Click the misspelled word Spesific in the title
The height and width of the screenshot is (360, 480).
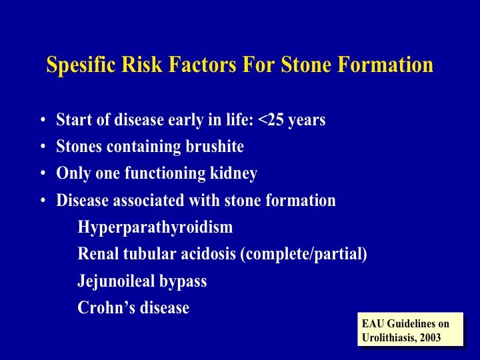(81, 65)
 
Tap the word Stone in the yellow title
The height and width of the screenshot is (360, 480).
(306, 64)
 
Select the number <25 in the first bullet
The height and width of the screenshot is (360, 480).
(271, 119)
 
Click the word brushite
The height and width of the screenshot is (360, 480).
(215, 146)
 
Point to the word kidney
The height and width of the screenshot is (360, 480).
(233, 173)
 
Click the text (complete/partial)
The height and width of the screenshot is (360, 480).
(304, 255)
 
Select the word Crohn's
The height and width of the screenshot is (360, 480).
(106, 307)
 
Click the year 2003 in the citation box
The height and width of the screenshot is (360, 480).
(430, 337)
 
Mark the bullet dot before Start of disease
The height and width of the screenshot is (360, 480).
(43, 119)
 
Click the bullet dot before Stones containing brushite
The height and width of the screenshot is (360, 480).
(43, 146)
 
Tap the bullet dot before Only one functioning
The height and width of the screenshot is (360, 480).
(43, 173)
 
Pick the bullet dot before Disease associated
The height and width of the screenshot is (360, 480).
(43, 201)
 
